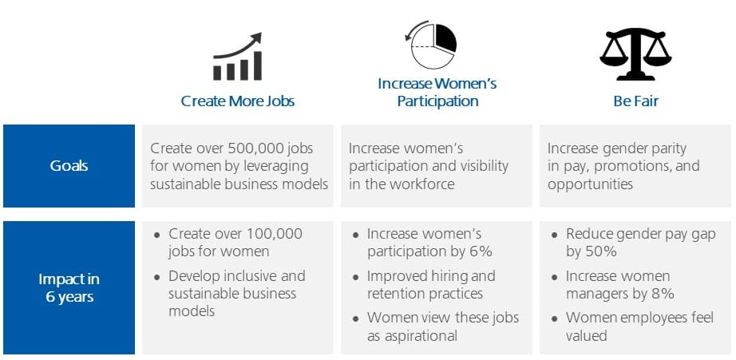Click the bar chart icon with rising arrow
(x=238, y=57)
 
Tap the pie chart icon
(x=433, y=45)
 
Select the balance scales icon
(x=635, y=55)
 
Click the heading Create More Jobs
(x=238, y=101)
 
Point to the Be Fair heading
(x=635, y=101)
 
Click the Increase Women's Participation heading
(x=437, y=93)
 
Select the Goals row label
(x=69, y=166)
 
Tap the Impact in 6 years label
(x=69, y=287)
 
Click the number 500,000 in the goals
(x=258, y=148)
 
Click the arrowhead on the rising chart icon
(x=255, y=38)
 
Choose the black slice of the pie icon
(x=445, y=38)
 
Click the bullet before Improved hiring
(x=356, y=277)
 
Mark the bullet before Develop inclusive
(x=157, y=277)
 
